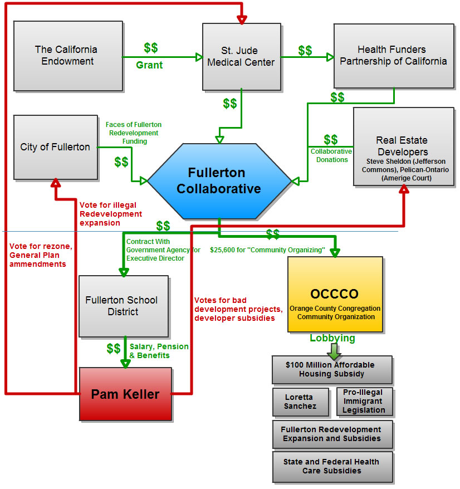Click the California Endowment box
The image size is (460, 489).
point(68,56)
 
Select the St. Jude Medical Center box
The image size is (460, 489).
point(241,56)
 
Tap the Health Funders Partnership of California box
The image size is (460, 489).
point(393,56)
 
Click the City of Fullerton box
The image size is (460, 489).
point(55,147)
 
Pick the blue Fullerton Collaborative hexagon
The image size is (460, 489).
point(219,180)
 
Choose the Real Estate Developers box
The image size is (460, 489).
point(403,146)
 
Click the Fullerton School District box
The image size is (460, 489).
point(123,306)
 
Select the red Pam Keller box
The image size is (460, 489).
point(125,394)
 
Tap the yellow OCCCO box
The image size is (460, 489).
point(335,294)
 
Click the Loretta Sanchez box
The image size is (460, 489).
point(300,402)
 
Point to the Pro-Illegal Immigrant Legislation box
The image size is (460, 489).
point(364,402)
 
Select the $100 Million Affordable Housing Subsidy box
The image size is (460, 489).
point(332,370)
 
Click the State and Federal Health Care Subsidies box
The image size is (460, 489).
point(332,467)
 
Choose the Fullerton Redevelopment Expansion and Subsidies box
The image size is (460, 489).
point(332,434)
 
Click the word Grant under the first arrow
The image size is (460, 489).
point(149,65)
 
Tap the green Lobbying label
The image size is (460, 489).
point(332,338)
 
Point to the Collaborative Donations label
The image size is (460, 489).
point(331,155)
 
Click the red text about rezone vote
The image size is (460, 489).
point(37,255)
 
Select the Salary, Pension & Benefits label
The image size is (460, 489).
point(159,350)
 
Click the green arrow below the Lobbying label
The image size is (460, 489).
point(334,351)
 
